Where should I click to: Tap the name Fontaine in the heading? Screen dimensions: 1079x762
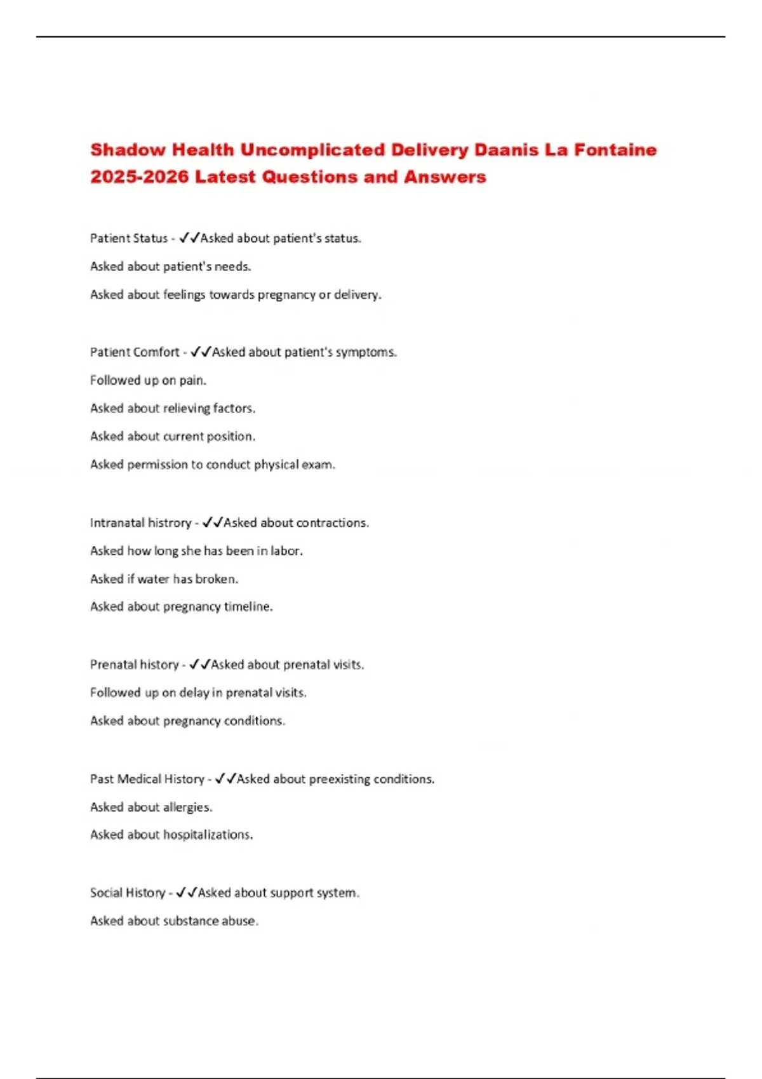click(x=615, y=150)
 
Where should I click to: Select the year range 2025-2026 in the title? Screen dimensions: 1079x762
click(x=139, y=177)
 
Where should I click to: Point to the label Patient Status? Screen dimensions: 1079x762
click(x=129, y=239)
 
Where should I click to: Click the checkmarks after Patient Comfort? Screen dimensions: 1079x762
click(x=201, y=352)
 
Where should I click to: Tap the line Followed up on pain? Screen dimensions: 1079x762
click(x=148, y=381)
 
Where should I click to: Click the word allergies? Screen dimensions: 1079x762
click(x=187, y=807)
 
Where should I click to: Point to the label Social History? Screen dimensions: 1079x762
click(x=128, y=893)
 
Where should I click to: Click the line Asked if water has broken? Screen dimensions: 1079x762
click(x=164, y=579)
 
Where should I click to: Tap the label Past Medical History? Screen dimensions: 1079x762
click(x=147, y=779)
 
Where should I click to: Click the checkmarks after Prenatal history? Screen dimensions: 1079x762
click(x=200, y=665)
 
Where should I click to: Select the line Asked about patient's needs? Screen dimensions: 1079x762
click(x=170, y=267)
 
